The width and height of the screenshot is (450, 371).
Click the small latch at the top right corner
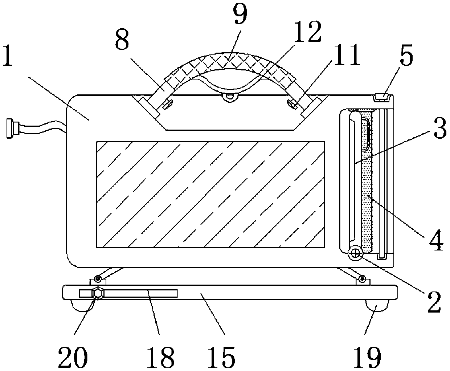[x=381, y=97]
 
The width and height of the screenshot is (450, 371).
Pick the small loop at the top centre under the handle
[x=229, y=97]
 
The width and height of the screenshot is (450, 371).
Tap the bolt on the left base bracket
[x=97, y=278]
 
